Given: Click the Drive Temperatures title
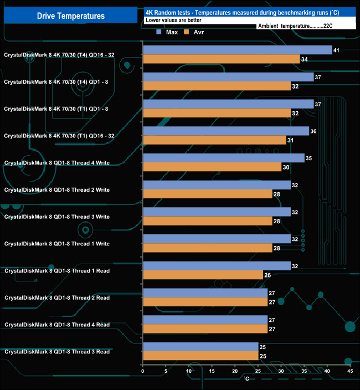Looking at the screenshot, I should coord(70,16).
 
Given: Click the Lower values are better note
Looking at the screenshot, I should coord(173,20).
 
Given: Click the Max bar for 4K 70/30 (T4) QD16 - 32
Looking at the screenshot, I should coord(237,50).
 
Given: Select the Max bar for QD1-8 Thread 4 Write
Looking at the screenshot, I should coord(223,158).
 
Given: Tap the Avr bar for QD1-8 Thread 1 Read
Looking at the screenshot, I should coord(203,275).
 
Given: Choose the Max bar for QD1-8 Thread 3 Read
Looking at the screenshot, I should coord(200,347).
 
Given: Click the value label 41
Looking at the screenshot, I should coord(336,50).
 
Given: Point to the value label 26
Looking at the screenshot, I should coord(268,275).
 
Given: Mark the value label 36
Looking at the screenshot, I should coord(314,131).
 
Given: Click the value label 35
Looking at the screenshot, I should coord(309,158).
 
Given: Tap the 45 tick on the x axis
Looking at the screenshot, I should coord(349,371).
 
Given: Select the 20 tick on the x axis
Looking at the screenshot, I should coord(235,371).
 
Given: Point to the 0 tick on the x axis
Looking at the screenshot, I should coord(143,371).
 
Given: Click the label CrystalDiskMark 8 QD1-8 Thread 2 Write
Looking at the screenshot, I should coord(56,190).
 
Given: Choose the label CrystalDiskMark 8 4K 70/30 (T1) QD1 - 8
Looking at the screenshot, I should coord(56,109).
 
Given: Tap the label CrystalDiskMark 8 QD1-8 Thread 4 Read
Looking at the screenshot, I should coord(57,325).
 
